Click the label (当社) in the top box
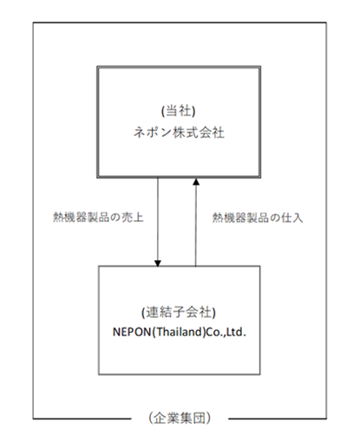179,111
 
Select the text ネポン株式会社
179,133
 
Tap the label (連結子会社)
179,312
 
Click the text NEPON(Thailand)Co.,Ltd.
180,332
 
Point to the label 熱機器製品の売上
98,218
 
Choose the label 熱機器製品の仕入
258,218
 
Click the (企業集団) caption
180,418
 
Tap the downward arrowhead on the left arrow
158,263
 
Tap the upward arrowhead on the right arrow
196,181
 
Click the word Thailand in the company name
179,332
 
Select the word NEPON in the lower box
132,332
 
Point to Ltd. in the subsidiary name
236,332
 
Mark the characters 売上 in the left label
133,218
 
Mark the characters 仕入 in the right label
292,218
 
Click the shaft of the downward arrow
158,218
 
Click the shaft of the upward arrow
196,225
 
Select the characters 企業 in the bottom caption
167,418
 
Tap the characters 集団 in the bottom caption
193,418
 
